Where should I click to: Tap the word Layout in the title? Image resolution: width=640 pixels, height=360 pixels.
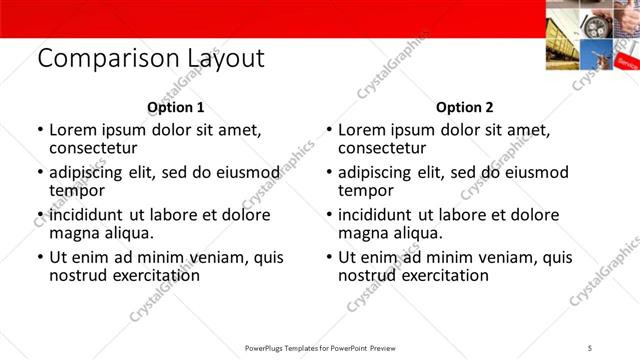click(x=222, y=60)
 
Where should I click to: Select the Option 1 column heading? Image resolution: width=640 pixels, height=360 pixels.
click(x=176, y=107)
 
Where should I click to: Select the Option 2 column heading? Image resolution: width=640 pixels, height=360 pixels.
click(x=465, y=107)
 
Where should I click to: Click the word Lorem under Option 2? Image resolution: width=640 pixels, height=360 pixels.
click(x=362, y=130)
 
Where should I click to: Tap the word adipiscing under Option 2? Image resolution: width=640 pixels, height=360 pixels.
click(x=376, y=172)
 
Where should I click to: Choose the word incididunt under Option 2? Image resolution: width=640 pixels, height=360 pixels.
click(x=379, y=215)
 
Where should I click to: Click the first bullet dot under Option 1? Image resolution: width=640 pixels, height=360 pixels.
click(x=39, y=130)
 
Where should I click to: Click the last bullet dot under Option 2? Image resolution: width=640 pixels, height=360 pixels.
click(x=328, y=257)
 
